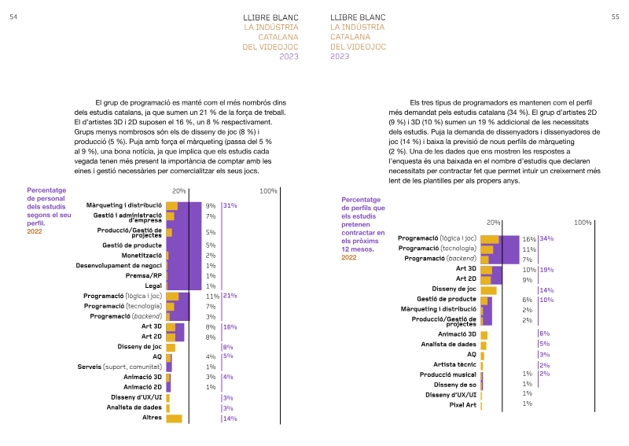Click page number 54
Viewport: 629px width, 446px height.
(13, 17)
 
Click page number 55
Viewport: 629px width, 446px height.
(616, 17)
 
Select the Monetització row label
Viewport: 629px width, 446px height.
(142, 256)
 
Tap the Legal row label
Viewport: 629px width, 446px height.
(153, 286)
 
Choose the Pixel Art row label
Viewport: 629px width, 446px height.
(462, 405)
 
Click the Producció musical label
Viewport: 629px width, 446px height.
(447, 374)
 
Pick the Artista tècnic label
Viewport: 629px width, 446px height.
(454, 364)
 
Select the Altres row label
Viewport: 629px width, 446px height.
(152, 418)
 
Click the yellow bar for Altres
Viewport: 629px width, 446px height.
(174, 418)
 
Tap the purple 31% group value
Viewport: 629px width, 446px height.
(230, 205)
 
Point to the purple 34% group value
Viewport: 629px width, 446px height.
(546, 238)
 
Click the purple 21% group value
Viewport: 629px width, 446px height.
(230, 296)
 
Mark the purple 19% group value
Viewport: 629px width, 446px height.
(546, 270)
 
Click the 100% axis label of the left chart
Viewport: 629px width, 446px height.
(268, 191)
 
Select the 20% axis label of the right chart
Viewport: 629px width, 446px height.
(494, 223)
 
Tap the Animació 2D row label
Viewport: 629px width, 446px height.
(142, 387)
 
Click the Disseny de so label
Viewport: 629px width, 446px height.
(455, 385)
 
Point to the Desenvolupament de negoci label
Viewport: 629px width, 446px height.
(119, 265)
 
